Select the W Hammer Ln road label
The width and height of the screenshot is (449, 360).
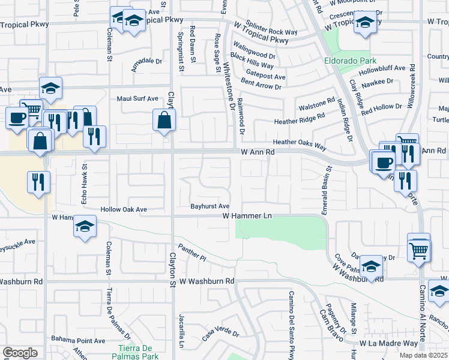248,215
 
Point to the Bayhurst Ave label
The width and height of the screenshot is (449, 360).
211,206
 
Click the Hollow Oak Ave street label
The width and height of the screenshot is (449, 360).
124,209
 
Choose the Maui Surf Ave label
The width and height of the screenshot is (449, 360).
137,98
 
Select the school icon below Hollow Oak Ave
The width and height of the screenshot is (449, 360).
85,227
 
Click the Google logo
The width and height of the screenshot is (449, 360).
20,353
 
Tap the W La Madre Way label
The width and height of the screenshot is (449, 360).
388,343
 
